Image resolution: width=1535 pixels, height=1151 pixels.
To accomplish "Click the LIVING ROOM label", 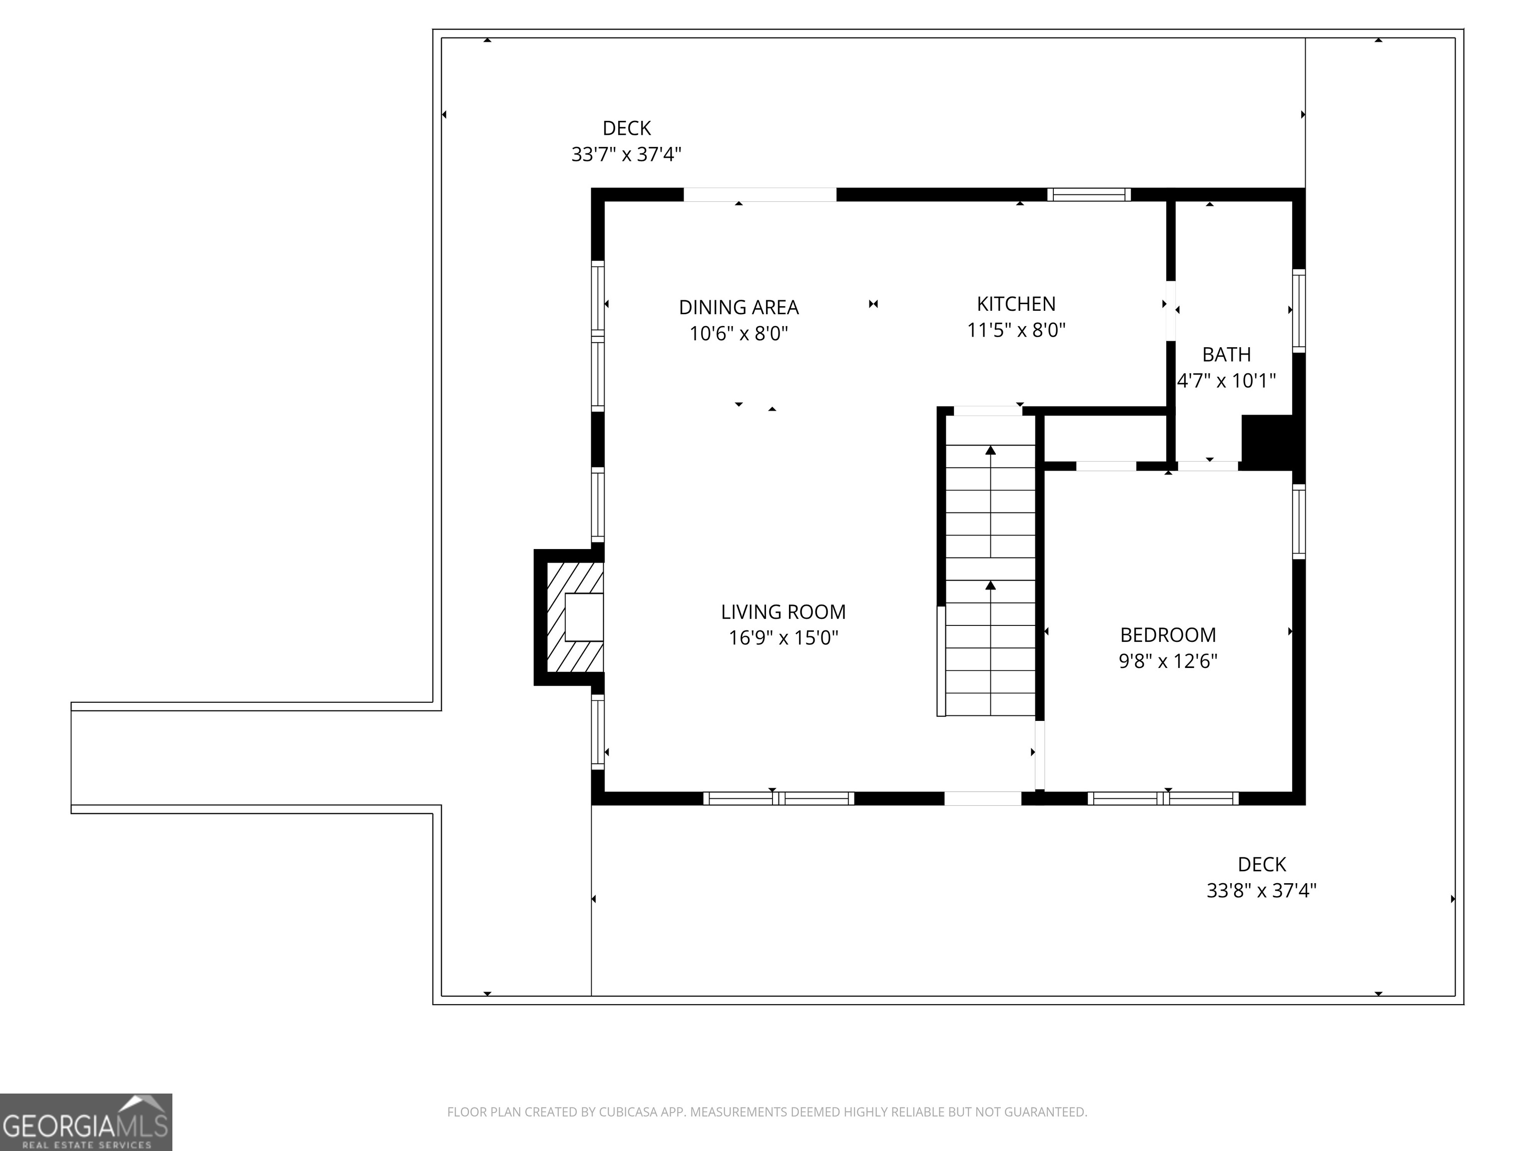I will (x=783, y=612).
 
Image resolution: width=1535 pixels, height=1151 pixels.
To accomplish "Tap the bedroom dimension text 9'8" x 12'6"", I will (x=1168, y=661).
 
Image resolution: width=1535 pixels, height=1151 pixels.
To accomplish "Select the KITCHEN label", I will (x=1016, y=304).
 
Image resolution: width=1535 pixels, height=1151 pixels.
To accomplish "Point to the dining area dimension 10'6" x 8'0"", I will (x=739, y=334).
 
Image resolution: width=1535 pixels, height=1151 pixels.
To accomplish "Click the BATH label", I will (x=1226, y=355).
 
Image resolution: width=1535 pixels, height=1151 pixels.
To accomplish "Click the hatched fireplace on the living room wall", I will (x=575, y=617).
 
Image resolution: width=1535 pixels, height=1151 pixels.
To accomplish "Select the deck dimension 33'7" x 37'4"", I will (x=626, y=154).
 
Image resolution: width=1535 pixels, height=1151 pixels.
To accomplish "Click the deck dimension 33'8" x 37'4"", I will (x=1261, y=890).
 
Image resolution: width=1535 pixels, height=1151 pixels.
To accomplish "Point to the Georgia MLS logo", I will (x=85, y=1122).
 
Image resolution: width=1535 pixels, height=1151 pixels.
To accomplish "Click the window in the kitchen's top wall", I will (x=1088, y=195).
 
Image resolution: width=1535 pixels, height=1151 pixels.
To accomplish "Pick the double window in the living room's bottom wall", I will (x=778, y=798).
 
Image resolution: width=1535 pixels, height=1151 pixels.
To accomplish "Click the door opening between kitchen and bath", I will (x=1171, y=310).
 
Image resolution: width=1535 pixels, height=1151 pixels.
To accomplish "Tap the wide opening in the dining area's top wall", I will (x=760, y=195).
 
